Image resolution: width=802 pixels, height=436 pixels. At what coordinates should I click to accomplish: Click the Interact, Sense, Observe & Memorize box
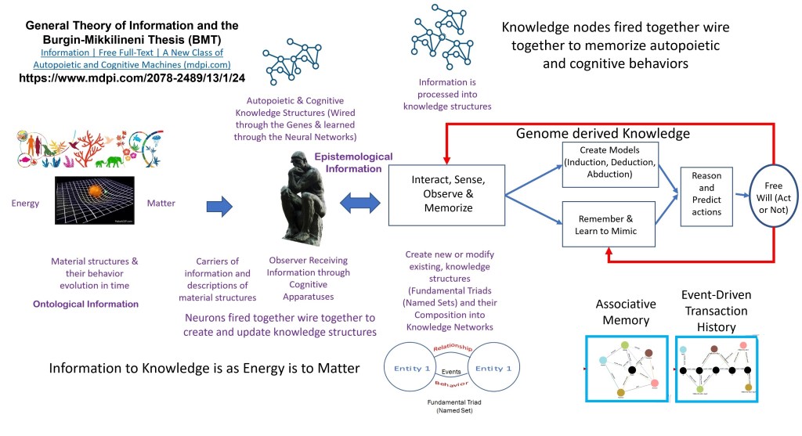(447, 194)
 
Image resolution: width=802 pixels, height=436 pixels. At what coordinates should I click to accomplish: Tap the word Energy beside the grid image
(25, 204)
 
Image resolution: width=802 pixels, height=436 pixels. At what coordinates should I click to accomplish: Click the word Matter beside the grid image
(161, 204)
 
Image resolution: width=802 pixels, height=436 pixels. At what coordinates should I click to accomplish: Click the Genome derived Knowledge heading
(602, 134)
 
